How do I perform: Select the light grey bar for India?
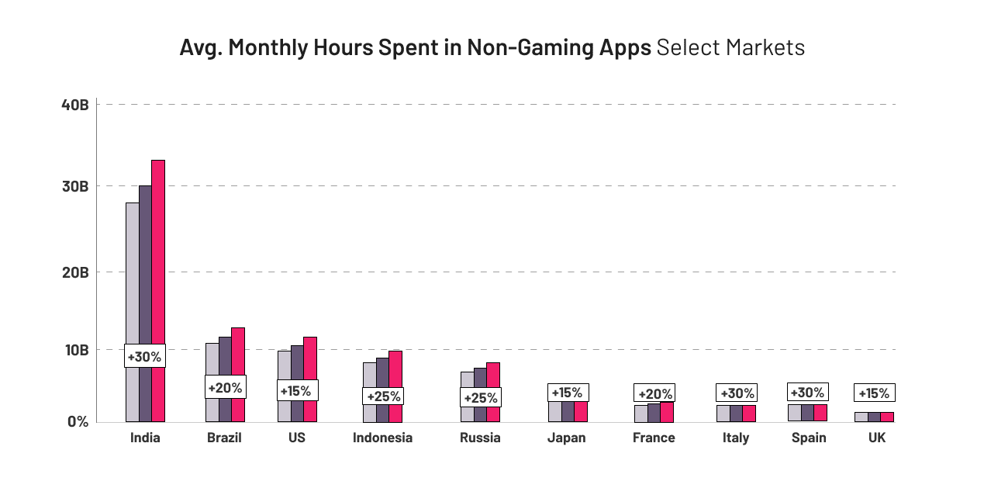click(132, 272)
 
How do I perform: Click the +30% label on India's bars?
click(144, 357)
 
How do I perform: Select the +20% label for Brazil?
click(225, 386)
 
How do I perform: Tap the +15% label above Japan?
click(567, 393)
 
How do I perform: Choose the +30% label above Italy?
click(737, 393)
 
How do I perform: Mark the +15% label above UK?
click(874, 393)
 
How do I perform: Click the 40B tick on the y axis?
click(74, 105)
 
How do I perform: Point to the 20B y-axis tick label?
click(74, 272)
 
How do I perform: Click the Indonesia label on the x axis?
click(382, 438)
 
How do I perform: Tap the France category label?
click(654, 438)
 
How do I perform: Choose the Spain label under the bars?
click(809, 438)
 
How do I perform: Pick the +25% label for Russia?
click(480, 398)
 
